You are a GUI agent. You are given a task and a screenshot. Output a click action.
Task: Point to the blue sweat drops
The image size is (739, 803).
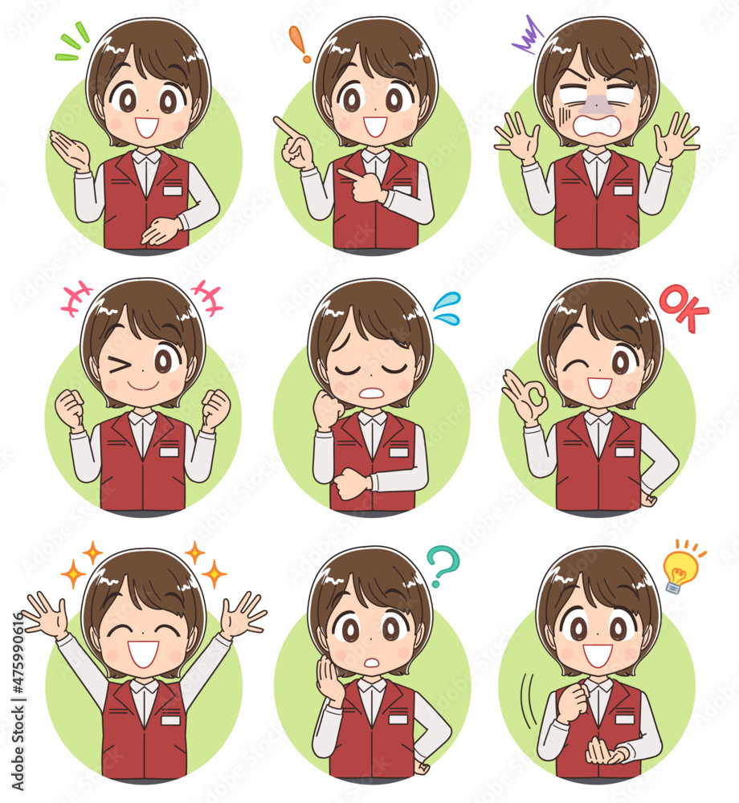[x=447, y=309]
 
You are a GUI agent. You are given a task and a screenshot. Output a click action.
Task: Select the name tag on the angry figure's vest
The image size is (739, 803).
[x=623, y=190]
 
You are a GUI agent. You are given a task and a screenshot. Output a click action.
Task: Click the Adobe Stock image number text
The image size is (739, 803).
[x=18, y=703]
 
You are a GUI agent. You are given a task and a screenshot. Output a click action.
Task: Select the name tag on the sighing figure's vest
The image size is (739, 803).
[x=399, y=452]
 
